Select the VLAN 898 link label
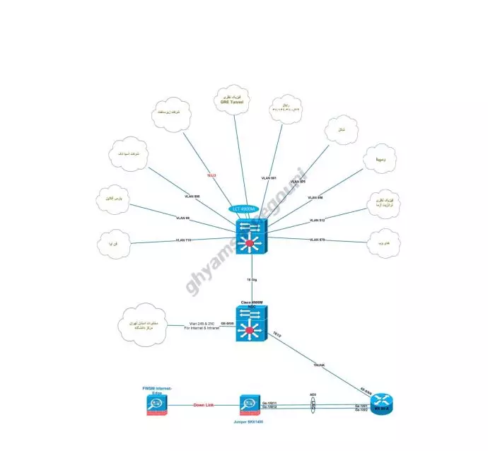pyautogui.click(x=192, y=196)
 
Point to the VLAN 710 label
pyautogui.click(x=183, y=241)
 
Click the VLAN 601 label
pyautogui.click(x=269, y=177)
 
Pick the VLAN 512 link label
pyautogui.click(x=317, y=221)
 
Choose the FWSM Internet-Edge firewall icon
pyautogui.click(x=157, y=406)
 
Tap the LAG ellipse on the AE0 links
pyautogui.click(x=313, y=406)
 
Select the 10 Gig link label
pyautogui.click(x=251, y=280)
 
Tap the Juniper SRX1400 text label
pyautogui.click(x=250, y=421)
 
